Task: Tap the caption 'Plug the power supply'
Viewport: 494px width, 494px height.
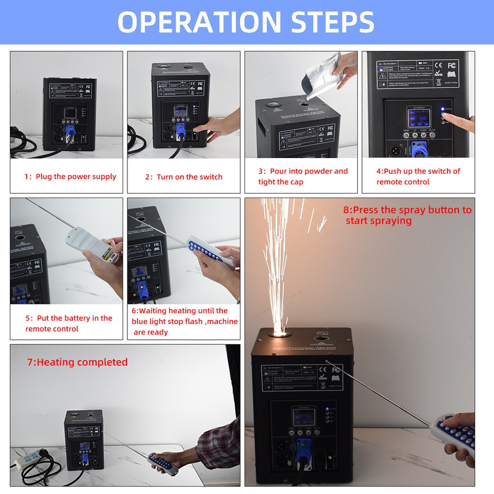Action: pyautogui.click(x=71, y=177)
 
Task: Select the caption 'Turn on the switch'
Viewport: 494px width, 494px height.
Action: pyautogui.click(x=184, y=177)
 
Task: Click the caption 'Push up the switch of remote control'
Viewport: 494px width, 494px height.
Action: pyautogui.click(x=418, y=176)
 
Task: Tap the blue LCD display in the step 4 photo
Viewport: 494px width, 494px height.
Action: pyautogui.click(x=419, y=122)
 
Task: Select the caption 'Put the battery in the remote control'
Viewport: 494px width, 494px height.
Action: pyautogui.click(x=69, y=324)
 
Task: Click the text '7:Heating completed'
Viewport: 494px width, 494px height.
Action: pyautogui.click(x=78, y=362)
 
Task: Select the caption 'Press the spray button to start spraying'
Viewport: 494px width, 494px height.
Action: pyautogui.click(x=407, y=215)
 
